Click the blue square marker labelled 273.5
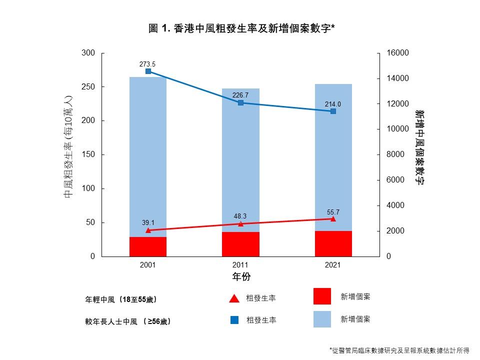148,71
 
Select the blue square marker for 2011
240,102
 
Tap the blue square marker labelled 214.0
333,111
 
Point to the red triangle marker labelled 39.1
148,230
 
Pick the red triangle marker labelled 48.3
240,223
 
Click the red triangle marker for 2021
333,218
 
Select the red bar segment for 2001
148,246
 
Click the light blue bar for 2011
240,160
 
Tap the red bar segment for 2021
333,243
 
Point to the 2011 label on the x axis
240,265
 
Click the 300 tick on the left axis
88,53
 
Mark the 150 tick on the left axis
88,155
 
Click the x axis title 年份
241,276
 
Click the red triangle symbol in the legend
234,298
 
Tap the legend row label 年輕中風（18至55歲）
121,299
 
